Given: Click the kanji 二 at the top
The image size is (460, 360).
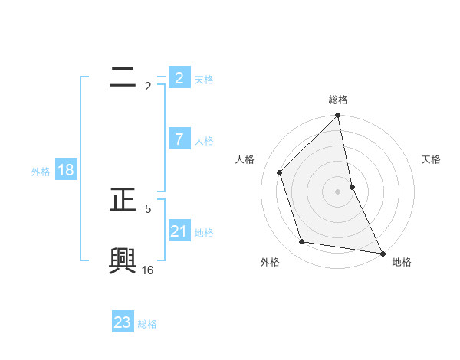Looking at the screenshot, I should [x=123, y=76].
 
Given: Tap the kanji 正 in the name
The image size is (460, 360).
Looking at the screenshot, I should [x=123, y=200].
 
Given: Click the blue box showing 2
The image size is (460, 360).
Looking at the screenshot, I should [x=179, y=78].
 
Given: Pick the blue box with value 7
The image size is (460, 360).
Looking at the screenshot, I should [x=179, y=139].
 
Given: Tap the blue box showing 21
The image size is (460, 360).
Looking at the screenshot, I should [x=179, y=231].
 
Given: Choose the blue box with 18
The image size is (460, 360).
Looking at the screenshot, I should [x=66, y=170].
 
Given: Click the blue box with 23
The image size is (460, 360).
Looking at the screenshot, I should [x=123, y=322].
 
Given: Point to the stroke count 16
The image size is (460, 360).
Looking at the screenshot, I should [x=148, y=270].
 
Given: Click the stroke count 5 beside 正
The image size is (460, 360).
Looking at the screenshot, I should [x=148, y=208].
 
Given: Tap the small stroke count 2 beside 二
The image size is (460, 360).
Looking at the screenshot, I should [x=148, y=87].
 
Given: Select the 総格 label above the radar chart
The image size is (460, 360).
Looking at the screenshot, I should [x=338, y=100].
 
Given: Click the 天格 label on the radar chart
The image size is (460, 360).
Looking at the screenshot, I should [x=431, y=159].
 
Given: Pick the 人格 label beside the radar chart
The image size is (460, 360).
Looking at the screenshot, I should [x=245, y=159].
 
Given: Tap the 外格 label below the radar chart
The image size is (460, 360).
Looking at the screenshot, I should [x=270, y=262].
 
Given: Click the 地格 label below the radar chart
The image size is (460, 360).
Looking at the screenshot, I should [x=402, y=262].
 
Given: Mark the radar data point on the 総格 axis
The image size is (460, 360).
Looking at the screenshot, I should [x=338, y=116].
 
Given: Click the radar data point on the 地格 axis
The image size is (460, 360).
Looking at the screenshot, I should [x=382, y=253].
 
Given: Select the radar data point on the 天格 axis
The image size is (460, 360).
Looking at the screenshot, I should [x=352, y=187].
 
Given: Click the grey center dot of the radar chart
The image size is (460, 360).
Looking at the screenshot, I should [x=338, y=191].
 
